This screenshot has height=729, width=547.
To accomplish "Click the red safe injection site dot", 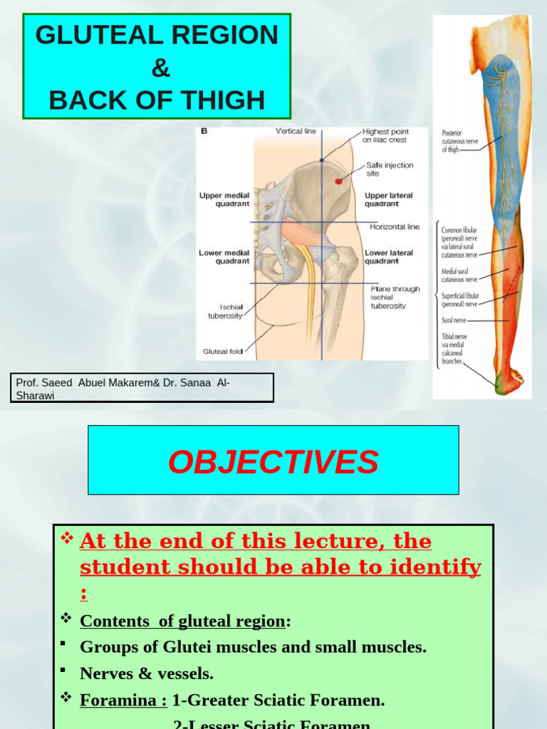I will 338,182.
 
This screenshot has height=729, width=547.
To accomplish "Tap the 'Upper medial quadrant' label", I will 224,199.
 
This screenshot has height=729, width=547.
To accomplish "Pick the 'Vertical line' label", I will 296,132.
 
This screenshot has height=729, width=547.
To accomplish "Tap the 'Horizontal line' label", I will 395,227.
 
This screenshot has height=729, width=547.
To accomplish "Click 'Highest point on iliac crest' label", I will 385,135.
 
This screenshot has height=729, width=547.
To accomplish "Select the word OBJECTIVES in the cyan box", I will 273,462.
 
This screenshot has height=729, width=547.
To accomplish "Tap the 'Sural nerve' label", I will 454,320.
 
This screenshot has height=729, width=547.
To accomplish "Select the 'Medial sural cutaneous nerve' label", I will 459,276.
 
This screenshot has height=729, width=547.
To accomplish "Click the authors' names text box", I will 142,388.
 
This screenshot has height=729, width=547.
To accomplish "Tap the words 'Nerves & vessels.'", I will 147,673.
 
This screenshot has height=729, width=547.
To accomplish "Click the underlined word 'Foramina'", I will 122,700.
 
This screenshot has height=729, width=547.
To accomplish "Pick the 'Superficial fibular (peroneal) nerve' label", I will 460,299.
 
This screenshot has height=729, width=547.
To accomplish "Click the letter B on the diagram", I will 204,131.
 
